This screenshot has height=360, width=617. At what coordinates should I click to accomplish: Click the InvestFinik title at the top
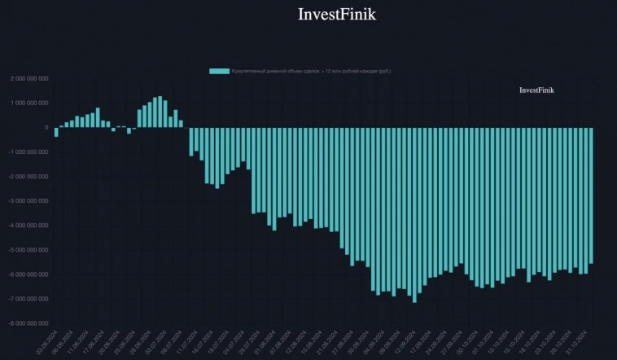[x=336, y=15]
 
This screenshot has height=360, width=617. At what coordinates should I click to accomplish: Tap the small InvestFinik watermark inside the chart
[x=536, y=90]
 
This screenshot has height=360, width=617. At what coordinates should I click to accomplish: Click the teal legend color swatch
[x=219, y=71]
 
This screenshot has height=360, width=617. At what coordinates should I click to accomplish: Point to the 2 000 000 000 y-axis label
[x=29, y=79]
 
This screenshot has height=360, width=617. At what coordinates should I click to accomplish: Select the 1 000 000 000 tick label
[x=29, y=103]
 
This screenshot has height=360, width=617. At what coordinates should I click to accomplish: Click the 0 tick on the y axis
[x=46, y=128]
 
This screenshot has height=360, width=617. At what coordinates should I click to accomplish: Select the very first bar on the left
[x=56, y=132]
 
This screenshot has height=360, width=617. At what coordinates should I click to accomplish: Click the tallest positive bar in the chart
[x=160, y=112]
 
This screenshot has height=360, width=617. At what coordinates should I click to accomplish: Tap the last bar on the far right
[x=591, y=195]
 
